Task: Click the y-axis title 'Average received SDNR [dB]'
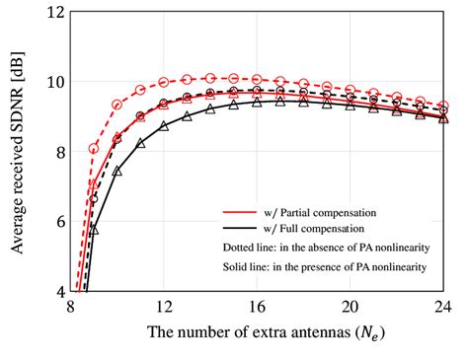click(x=18, y=153)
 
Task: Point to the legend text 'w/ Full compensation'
click(x=322, y=227)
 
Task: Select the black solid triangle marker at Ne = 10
click(x=117, y=171)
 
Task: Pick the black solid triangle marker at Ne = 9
click(x=94, y=229)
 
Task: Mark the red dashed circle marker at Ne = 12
click(x=164, y=82)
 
